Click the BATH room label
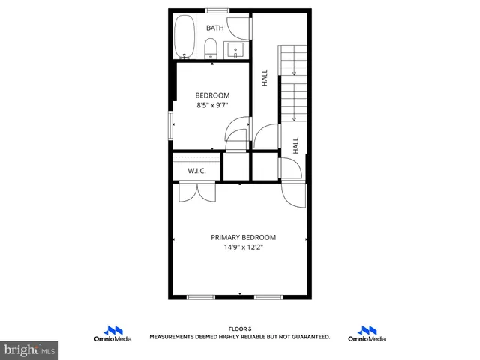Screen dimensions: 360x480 [x=215, y=28]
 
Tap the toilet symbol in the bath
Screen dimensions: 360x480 [x=211, y=49]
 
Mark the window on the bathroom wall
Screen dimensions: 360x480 [x=217, y=10]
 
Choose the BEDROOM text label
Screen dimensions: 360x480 [x=212, y=95]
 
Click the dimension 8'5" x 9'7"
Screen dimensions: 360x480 [x=212, y=106]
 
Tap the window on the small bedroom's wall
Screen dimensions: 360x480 [x=169, y=124]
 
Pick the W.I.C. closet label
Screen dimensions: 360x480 [x=196, y=171]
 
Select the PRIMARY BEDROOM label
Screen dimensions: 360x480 [x=243, y=236]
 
